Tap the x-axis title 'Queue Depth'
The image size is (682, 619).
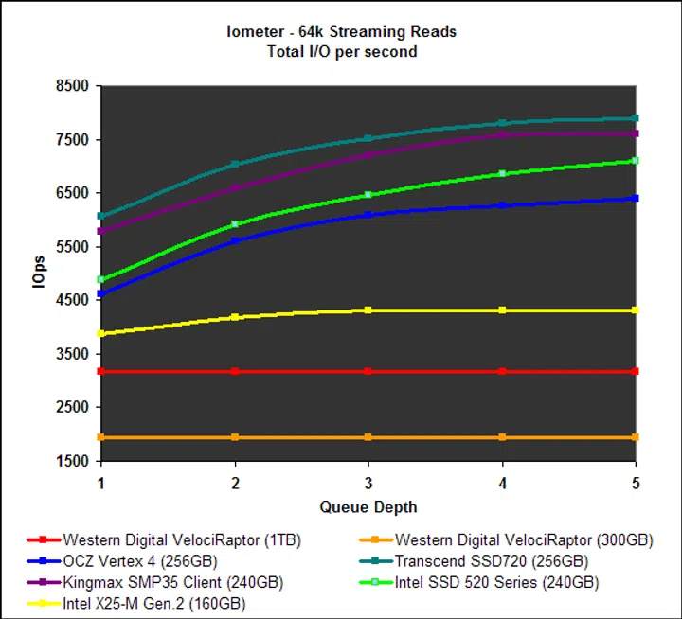(x=368, y=506)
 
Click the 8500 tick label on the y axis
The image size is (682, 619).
(x=72, y=86)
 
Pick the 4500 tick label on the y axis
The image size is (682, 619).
(x=72, y=300)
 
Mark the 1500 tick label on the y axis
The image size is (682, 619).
(x=72, y=461)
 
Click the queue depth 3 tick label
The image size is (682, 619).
(x=368, y=483)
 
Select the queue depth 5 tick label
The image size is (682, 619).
(x=636, y=483)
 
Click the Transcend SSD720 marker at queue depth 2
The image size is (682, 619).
(x=235, y=165)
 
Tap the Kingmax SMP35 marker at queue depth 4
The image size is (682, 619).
(x=502, y=134)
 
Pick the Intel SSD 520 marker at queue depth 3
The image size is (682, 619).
(x=368, y=195)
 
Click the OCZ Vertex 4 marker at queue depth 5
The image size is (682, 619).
(x=636, y=198)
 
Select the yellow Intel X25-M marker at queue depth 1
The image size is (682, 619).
(x=101, y=333)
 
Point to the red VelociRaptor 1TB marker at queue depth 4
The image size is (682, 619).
(x=502, y=371)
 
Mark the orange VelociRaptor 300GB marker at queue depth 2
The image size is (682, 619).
(x=235, y=437)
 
